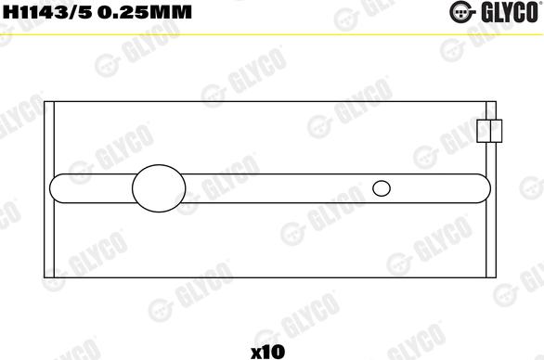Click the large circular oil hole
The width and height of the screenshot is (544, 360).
[159, 188]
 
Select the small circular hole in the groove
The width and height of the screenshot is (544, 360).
[382, 188]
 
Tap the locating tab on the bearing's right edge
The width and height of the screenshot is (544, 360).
[489, 131]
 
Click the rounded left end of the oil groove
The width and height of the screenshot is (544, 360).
[58, 188]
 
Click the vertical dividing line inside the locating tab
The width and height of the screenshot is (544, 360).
[489, 131]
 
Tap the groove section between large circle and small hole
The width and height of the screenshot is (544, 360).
[278, 188]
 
